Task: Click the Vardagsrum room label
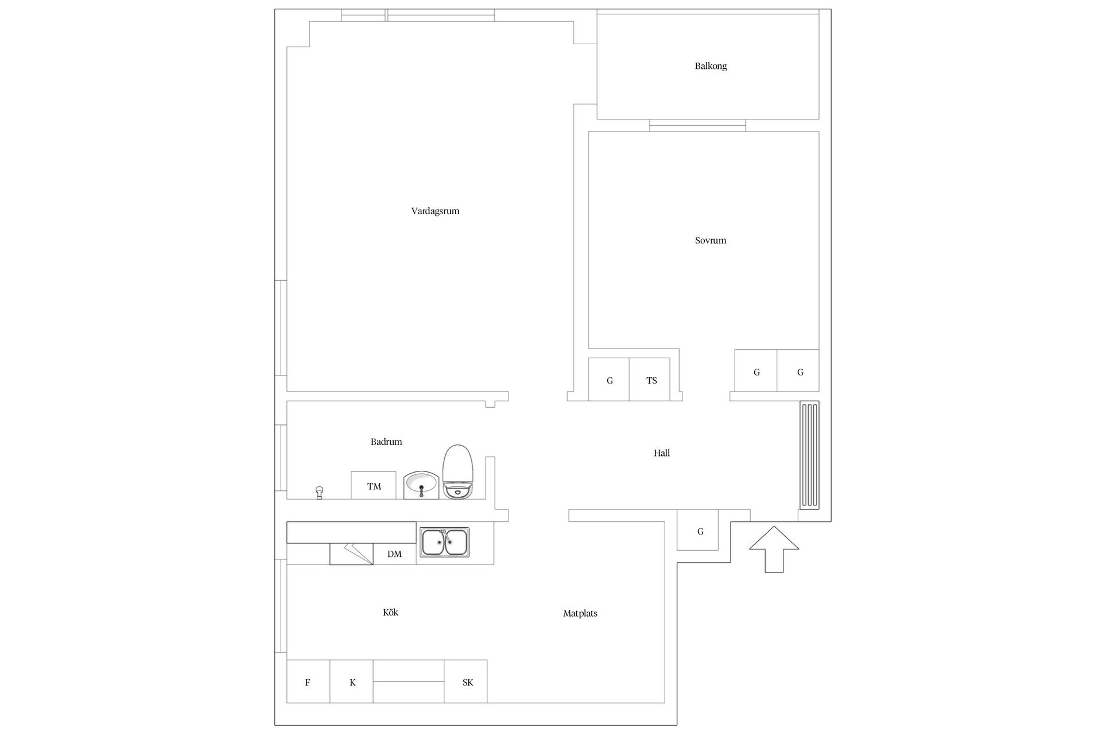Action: coord(435,211)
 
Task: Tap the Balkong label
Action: coord(711,66)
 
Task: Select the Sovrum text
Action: coord(711,241)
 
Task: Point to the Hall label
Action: coord(662,453)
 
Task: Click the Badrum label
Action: coord(386,442)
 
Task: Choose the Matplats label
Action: coord(580,613)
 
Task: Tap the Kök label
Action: coord(390,612)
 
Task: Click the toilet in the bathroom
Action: coord(457,471)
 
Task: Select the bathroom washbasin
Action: coord(421,485)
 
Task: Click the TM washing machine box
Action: coord(374,485)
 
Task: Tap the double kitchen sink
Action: coord(444,542)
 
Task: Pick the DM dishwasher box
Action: coord(394,554)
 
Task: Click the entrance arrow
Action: coord(774,549)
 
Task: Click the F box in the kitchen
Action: coord(308,682)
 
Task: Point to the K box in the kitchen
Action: coord(351,682)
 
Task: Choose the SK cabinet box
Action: coord(465,682)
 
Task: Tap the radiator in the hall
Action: coord(809,455)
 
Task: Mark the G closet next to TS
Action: coord(609,379)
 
